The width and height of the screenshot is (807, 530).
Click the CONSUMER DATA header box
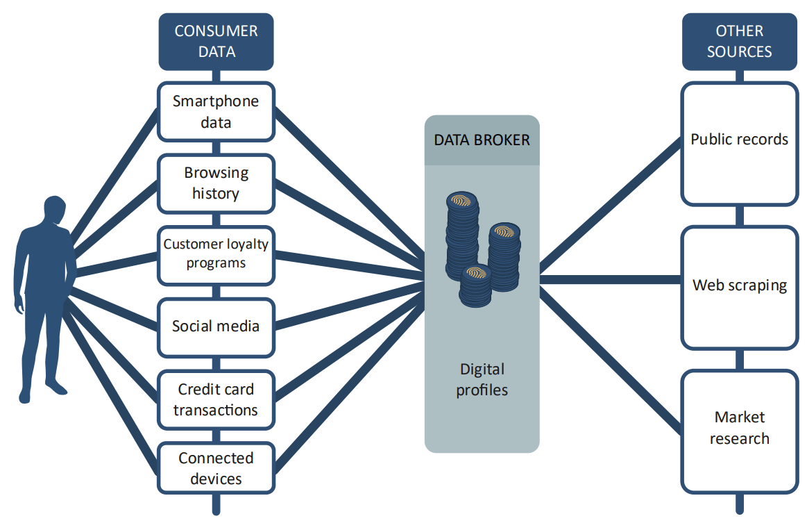216,42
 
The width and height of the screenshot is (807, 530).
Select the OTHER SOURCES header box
740,42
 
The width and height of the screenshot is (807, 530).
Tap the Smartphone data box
216,112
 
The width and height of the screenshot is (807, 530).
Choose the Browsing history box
216,183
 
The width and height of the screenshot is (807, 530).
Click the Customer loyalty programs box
216,256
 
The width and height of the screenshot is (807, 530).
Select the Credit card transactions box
216,399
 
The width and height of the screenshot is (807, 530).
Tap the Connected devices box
216,468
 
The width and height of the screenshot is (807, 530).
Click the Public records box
740,144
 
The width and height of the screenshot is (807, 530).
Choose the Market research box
740,431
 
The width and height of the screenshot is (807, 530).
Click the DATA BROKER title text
482,140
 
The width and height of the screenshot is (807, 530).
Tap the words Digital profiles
482,379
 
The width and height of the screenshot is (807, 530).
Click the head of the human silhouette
55,210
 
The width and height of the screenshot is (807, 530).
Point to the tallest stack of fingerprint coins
462,236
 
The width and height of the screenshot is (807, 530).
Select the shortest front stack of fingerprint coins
475,286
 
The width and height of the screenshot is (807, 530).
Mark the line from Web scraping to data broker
611,280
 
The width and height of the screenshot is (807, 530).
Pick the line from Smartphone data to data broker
350,182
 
